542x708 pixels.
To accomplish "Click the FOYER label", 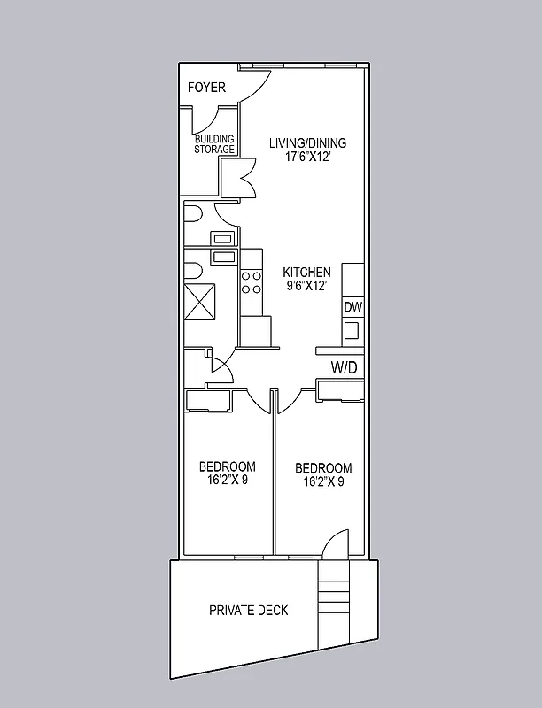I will tap(206, 88).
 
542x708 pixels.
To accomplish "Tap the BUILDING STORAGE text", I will tap(214, 144).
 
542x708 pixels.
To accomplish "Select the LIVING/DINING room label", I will tap(307, 143).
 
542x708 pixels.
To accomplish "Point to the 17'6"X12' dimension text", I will tap(307, 158).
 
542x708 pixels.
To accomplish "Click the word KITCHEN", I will tap(306, 273).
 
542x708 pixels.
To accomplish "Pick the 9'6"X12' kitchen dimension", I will tap(306, 287).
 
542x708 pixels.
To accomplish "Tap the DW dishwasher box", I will tap(352, 307).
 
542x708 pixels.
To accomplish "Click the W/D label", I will tap(345, 366).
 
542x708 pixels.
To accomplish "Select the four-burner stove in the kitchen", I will tap(252, 282).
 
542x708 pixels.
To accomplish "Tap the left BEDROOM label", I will tap(228, 466).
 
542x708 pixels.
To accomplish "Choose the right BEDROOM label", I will tap(323, 468).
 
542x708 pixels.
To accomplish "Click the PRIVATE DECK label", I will tap(249, 611).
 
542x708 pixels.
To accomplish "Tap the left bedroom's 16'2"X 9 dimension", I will tap(228, 481).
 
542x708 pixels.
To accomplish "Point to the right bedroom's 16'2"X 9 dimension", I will tap(323, 482).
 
